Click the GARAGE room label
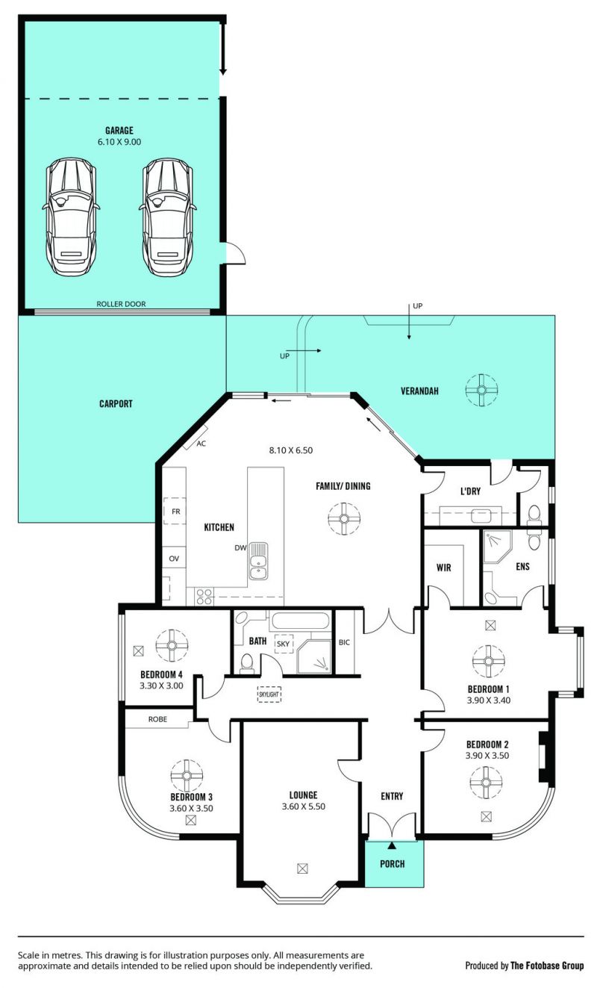119,131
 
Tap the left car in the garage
71,217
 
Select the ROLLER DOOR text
121,304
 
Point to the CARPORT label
116,403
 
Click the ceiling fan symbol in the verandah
481,390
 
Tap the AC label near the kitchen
201,444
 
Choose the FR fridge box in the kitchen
175,512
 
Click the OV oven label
174,559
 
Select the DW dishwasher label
240,548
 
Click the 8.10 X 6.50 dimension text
291,450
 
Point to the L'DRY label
470,491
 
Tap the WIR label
443,568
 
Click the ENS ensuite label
522,566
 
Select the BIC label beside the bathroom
344,643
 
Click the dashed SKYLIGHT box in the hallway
269,695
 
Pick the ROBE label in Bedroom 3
157,719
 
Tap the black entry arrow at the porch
392,845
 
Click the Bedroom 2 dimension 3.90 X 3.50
487,756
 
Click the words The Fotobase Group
547,966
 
